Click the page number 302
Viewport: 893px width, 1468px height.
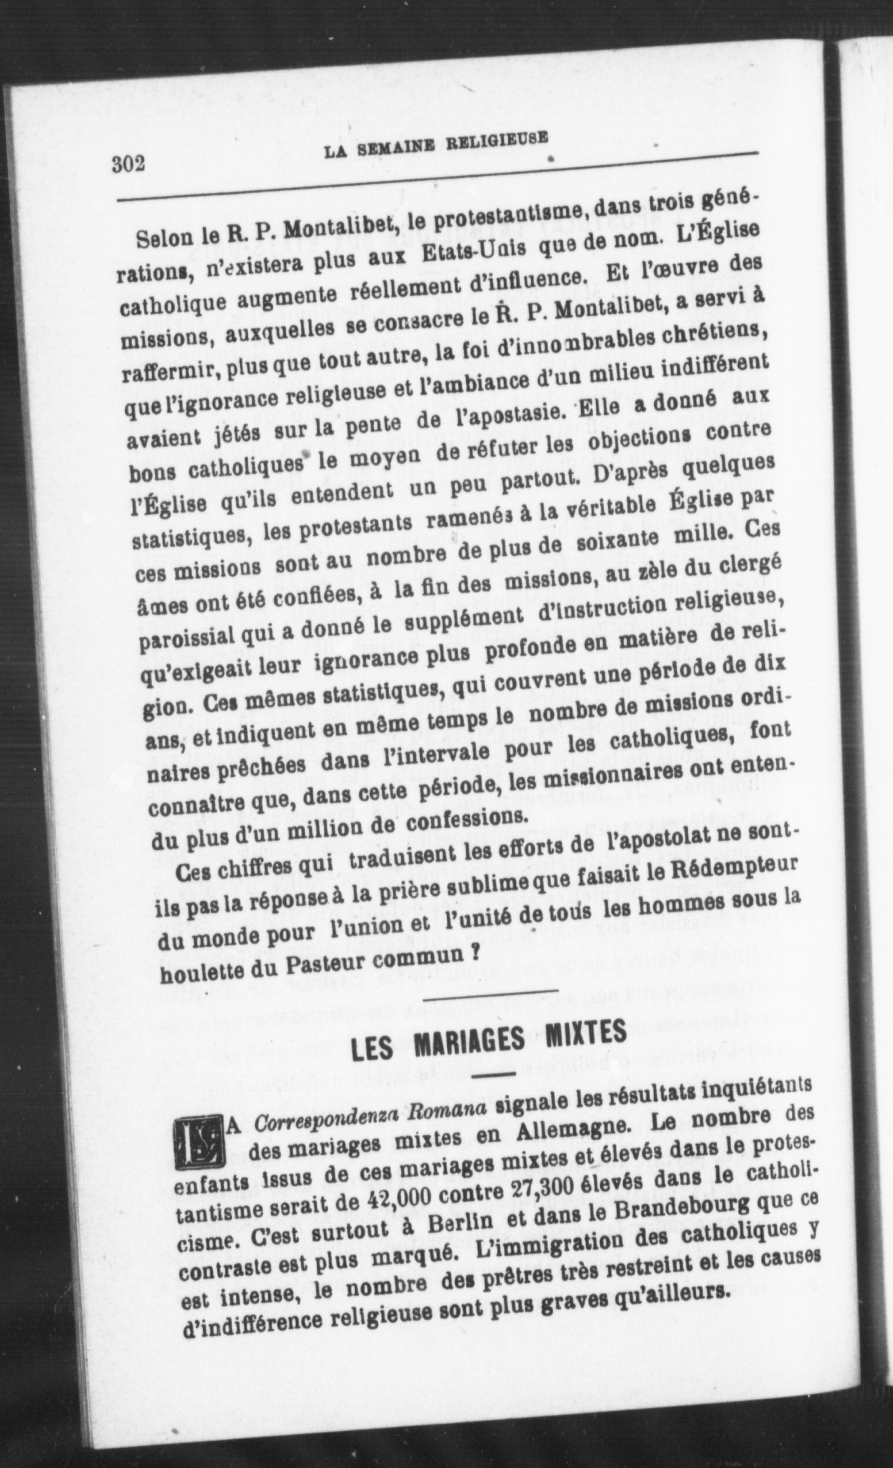point(129,162)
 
